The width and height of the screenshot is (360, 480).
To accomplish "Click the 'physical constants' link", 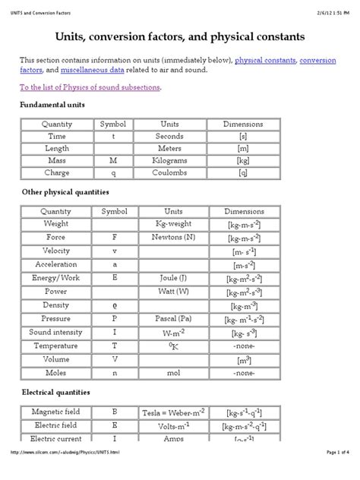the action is click(266, 59).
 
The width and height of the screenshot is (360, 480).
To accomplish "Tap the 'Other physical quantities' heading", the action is click(65, 193).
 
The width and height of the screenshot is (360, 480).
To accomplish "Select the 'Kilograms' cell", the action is click(170, 161).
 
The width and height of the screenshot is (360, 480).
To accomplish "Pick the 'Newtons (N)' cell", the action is click(170, 237).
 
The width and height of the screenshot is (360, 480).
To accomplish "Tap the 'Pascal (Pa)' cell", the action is click(170, 318).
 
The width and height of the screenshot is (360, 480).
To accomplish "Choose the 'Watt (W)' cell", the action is click(170, 291).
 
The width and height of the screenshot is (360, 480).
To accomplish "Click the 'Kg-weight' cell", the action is click(170, 224).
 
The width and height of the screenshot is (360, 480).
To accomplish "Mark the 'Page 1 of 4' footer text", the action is click(331, 474).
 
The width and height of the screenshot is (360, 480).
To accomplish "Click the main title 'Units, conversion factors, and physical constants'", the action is click(180, 36).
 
